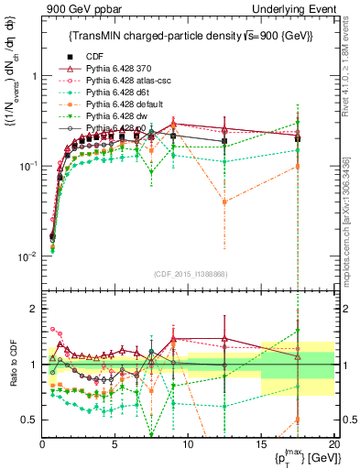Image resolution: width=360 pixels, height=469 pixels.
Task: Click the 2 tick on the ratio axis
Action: pos(34,309)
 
